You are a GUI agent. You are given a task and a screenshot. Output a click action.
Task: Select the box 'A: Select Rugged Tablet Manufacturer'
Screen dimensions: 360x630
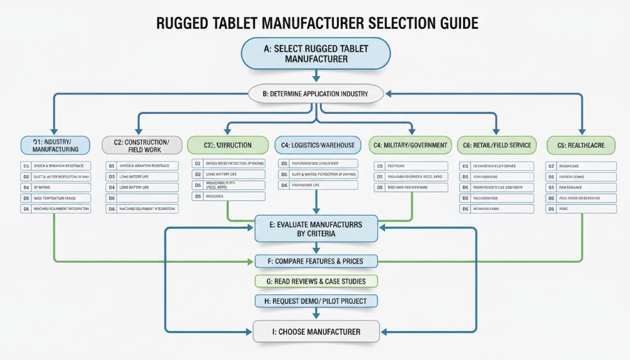[316, 54]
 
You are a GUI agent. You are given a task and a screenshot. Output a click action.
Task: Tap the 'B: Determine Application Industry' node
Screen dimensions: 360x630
[316, 94]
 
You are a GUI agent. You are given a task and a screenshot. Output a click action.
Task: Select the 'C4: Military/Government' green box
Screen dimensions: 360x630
[410, 145]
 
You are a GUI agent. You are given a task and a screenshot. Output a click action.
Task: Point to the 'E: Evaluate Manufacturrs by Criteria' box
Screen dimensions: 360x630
[316, 228]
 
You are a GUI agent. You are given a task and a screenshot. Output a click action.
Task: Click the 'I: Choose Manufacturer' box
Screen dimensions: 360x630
[316, 331]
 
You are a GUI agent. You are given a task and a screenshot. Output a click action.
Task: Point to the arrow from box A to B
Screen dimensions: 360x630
[316, 76]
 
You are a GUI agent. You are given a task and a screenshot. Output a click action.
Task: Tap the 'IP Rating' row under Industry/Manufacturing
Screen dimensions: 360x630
[55, 187]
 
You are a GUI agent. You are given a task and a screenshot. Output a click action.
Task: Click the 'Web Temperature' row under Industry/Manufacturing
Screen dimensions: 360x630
[55, 198]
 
